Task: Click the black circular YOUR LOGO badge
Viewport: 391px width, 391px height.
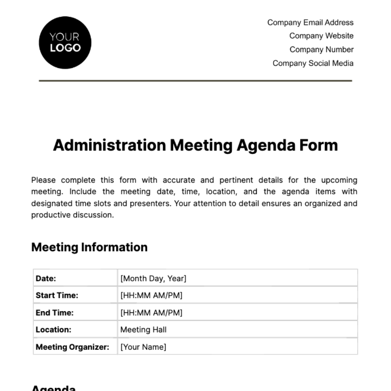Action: tap(65, 43)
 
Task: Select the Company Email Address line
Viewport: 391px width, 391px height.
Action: tap(310, 23)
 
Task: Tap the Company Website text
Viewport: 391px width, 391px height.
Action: tap(321, 36)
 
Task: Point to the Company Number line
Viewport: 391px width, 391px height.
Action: tap(321, 50)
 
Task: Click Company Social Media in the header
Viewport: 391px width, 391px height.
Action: tap(313, 63)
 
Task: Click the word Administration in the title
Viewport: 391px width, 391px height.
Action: tap(109, 145)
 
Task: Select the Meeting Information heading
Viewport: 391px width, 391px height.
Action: tap(89, 247)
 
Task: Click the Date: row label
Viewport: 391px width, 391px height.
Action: tap(46, 278)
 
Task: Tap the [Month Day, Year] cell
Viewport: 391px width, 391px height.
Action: tap(153, 278)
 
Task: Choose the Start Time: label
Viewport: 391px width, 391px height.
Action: tap(57, 295)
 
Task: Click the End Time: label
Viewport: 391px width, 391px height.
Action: tap(55, 313)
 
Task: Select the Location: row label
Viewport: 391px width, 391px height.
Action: tap(53, 330)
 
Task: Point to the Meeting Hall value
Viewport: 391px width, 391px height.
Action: tap(143, 330)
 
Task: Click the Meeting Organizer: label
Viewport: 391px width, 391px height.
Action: tap(72, 347)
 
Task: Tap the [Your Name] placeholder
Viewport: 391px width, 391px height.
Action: tap(143, 347)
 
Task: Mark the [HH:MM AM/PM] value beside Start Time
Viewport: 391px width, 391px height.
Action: tap(151, 295)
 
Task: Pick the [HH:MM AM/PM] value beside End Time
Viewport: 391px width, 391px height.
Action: tap(151, 313)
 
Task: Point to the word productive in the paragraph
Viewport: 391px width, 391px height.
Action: tap(51, 215)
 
